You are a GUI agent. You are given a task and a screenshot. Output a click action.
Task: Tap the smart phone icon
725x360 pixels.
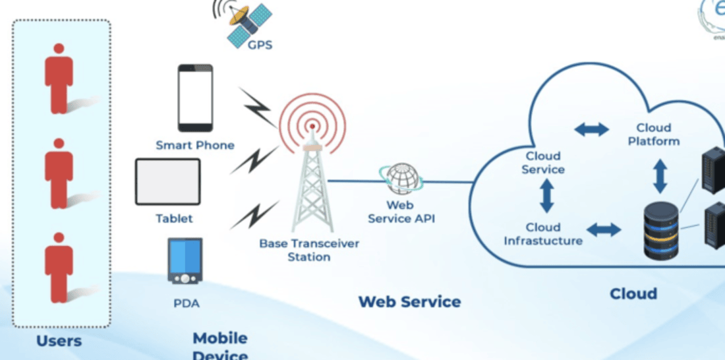point(195,98)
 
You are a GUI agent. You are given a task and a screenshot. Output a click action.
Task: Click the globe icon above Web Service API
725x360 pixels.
point(401,179)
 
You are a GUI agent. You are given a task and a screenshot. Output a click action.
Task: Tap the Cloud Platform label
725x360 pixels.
point(653,134)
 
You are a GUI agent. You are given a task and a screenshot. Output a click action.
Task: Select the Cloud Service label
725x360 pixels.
point(543,163)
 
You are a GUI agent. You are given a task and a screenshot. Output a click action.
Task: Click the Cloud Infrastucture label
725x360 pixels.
point(543,234)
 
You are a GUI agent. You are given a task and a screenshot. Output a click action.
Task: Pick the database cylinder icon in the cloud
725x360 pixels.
point(660,230)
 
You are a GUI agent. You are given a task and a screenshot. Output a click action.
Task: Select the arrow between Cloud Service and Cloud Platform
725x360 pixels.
point(591,129)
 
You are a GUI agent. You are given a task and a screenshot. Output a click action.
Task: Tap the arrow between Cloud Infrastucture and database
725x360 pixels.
point(604,230)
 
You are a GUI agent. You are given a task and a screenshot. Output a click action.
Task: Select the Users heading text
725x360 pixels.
point(59,341)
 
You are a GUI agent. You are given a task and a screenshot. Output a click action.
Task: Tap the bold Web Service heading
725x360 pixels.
point(409,302)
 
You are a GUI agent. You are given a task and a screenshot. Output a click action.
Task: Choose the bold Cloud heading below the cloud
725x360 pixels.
point(633,293)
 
